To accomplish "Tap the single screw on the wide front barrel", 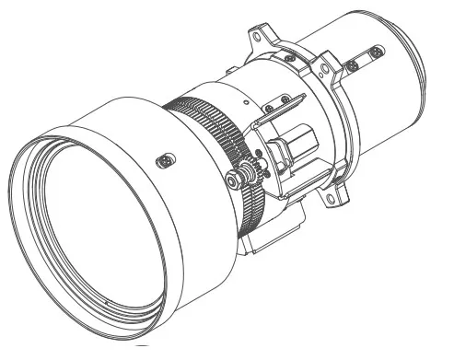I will (x=163, y=159).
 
